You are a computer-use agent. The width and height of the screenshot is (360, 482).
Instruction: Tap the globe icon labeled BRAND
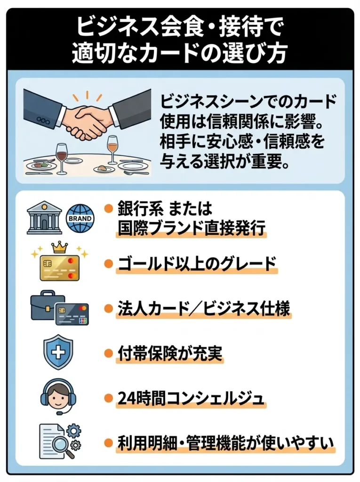pos(80,218)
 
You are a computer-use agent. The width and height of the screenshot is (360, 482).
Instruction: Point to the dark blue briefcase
pos(48,306)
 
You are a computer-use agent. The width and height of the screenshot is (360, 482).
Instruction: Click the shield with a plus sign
pos(58,352)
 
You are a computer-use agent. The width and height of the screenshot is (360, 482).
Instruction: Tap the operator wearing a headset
pos(58,396)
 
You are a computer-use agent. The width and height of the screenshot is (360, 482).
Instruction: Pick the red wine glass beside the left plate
pos(62,154)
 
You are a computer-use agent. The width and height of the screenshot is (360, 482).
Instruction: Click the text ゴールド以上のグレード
pos(196,264)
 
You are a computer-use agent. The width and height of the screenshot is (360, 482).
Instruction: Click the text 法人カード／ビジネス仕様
pos(203,308)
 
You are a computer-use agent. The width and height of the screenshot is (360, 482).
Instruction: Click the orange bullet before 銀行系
pos(109,208)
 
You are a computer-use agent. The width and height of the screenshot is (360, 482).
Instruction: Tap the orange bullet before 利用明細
pos(109,442)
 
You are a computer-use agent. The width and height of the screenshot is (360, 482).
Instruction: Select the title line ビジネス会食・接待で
pos(180,28)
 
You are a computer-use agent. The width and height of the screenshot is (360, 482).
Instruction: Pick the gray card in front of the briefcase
pos(72,314)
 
